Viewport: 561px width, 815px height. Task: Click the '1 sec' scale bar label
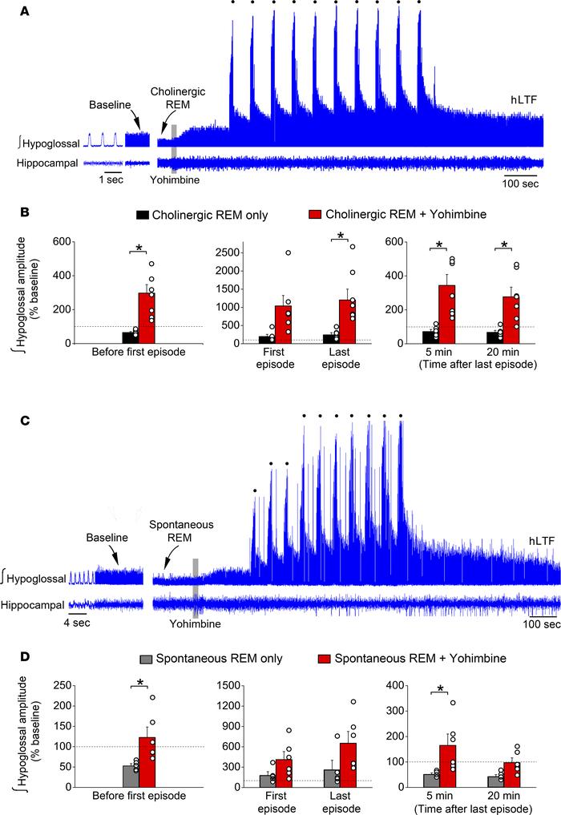115,180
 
